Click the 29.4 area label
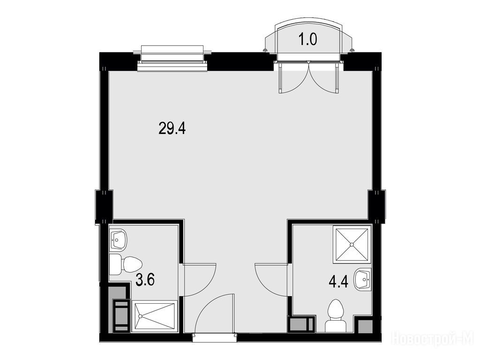pos(172,128)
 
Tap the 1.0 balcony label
pos(308,40)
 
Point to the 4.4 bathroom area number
pos(338,282)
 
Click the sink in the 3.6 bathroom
pos(118,240)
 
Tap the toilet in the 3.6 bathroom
pos(126,264)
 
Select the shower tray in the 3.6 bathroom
pos(154,316)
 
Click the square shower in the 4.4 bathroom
pos(352,244)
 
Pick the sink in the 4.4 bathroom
pos(363,279)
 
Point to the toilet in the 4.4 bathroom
pos(336,316)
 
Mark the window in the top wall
pos(172,59)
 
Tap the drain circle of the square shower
pos(352,245)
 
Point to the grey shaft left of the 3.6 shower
pos(120,309)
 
